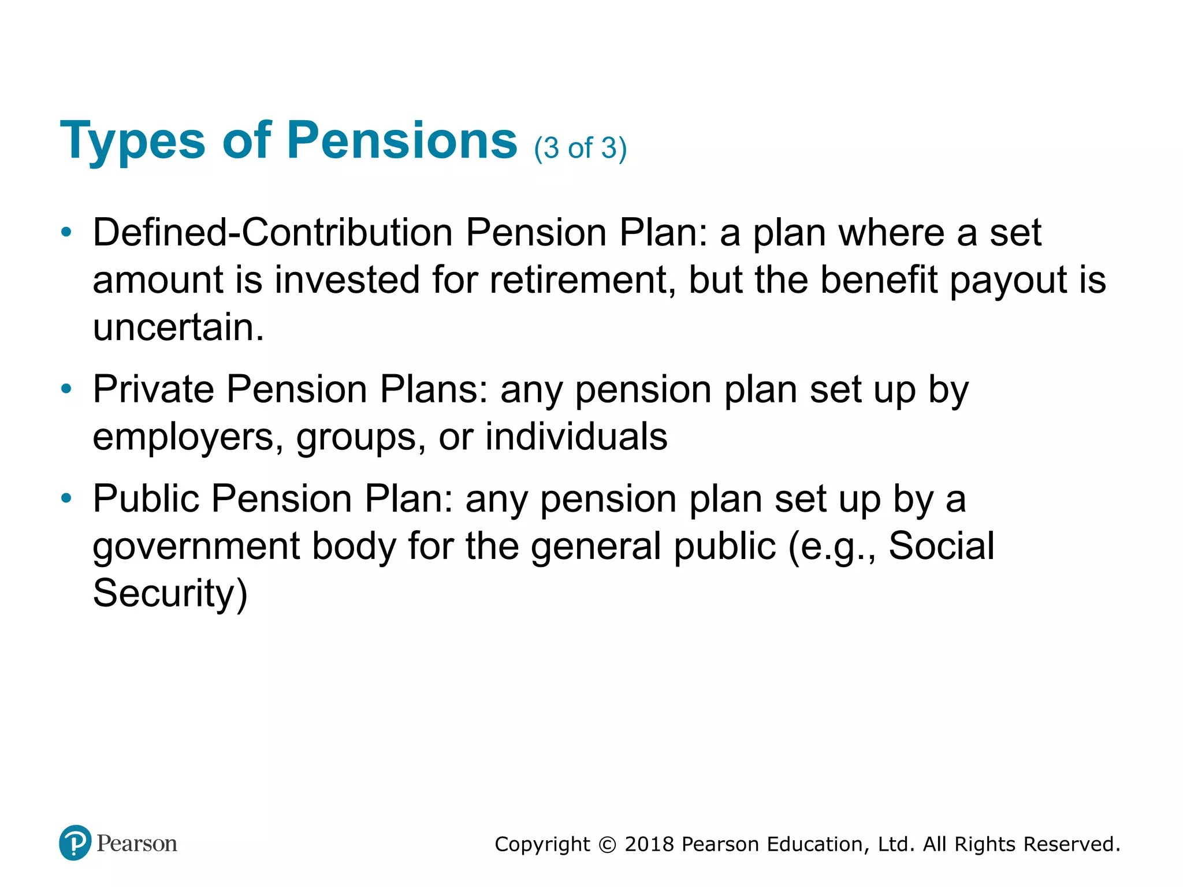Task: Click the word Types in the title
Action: pyautogui.click(x=132, y=141)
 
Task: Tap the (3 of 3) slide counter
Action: pyautogui.click(x=580, y=148)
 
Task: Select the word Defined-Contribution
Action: pyautogui.click(x=273, y=233)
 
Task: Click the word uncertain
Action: pyautogui.click(x=178, y=327)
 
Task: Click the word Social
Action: pyautogui.click(x=941, y=546)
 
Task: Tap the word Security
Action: pyautogui.click(x=170, y=594)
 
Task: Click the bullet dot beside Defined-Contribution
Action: pyautogui.click(x=67, y=233)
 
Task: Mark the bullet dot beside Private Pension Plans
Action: pyautogui.click(x=67, y=389)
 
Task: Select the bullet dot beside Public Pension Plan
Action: pyautogui.click(x=67, y=498)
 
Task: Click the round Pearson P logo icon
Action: pyautogui.click(x=75, y=843)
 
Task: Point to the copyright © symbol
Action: pyautogui.click(x=607, y=845)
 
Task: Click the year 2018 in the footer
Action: pyautogui.click(x=649, y=844)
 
